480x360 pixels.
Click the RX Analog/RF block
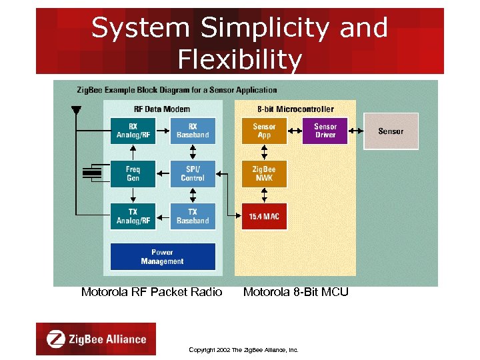coord(133,131)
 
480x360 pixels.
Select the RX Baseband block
coord(193,131)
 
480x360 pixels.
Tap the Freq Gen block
coord(133,174)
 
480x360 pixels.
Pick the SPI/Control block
coord(193,174)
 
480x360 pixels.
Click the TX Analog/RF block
coord(133,217)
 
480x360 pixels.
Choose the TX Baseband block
coord(193,217)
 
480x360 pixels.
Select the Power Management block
coord(163,257)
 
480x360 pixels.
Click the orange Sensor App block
coord(265,131)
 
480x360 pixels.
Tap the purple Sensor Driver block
coord(325,131)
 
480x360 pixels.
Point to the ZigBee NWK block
coord(265,174)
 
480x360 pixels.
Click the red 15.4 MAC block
coord(265,217)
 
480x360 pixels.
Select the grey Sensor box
coord(391,131)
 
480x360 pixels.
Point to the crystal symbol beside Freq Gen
coord(91,174)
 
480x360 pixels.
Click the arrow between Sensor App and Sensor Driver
coord(295,131)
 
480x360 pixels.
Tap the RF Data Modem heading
coord(163,109)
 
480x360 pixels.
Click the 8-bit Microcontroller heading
coord(295,109)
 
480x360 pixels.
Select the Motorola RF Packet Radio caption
coord(151,292)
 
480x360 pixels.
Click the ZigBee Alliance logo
coord(96,339)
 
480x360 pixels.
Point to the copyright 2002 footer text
coord(243,349)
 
